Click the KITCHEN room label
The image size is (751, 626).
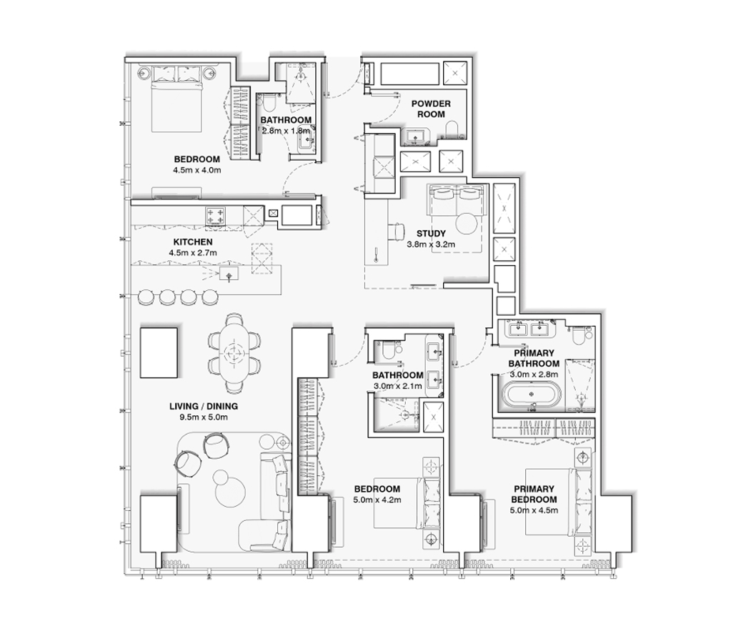(191, 242)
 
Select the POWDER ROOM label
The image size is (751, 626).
(431, 109)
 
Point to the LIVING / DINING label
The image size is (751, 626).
(204, 406)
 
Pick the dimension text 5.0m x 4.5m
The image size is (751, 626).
(534, 510)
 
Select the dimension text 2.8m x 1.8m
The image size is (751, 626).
(285, 131)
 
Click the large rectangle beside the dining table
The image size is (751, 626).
(159, 352)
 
